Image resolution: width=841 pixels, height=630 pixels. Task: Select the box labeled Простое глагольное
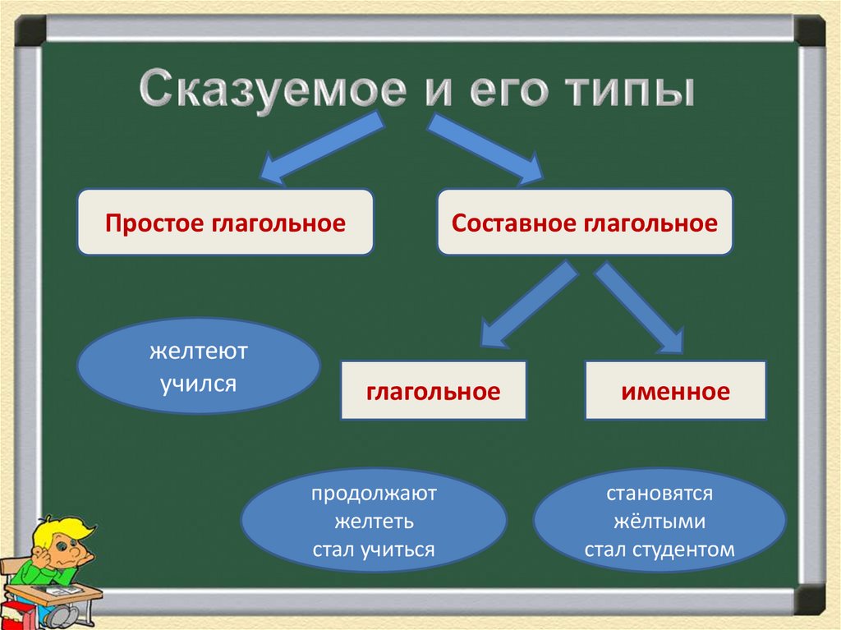click(225, 223)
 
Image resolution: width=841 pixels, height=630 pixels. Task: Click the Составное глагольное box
click(584, 223)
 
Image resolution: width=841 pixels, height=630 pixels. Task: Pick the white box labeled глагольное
click(433, 391)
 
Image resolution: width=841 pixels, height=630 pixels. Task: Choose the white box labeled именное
click(675, 391)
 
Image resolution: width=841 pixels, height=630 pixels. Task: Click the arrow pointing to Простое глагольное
click(320, 148)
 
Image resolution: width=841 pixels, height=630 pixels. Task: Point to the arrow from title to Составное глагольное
click(485, 148)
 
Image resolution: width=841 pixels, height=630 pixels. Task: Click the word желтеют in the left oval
click(198, 352)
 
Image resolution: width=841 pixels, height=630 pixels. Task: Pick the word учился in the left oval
click(198, 382)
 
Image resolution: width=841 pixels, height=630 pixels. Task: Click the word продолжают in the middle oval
click(374, 494)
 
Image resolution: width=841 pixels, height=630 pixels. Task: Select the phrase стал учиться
click(374, 550)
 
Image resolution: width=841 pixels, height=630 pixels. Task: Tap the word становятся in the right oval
click(659, 494)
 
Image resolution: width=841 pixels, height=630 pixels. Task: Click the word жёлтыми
click(659, 522)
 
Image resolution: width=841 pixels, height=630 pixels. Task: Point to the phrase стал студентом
click(659, 550)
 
